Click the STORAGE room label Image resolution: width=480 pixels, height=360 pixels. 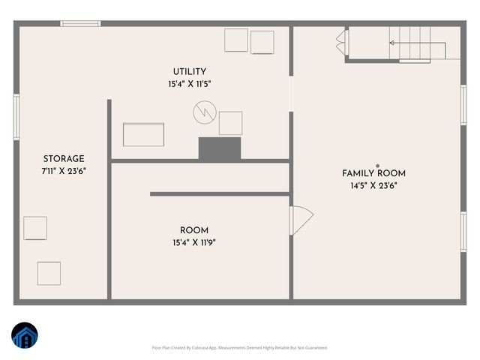(64, 158)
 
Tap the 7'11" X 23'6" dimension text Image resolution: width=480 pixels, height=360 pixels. (64, 170)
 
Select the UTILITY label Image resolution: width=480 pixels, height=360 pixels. (189, 72)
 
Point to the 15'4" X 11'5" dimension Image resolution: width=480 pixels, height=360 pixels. (189, 85)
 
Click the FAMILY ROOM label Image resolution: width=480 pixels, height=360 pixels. (373, 173)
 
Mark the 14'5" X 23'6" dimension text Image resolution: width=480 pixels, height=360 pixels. (373, 185)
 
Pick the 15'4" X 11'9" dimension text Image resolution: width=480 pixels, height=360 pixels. (194, 242)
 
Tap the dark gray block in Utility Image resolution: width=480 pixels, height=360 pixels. (220, 148)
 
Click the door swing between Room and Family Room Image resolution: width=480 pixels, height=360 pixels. (301, 220)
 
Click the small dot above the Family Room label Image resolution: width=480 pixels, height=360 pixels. (378, 166)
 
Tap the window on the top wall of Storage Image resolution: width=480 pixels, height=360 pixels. (80, 24)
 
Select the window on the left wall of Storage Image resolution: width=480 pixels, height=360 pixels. (16, 116)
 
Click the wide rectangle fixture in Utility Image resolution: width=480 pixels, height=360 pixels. (144, 136)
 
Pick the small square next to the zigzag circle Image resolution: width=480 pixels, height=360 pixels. (230, 123)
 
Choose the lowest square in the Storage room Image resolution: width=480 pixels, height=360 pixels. (49, 273)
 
